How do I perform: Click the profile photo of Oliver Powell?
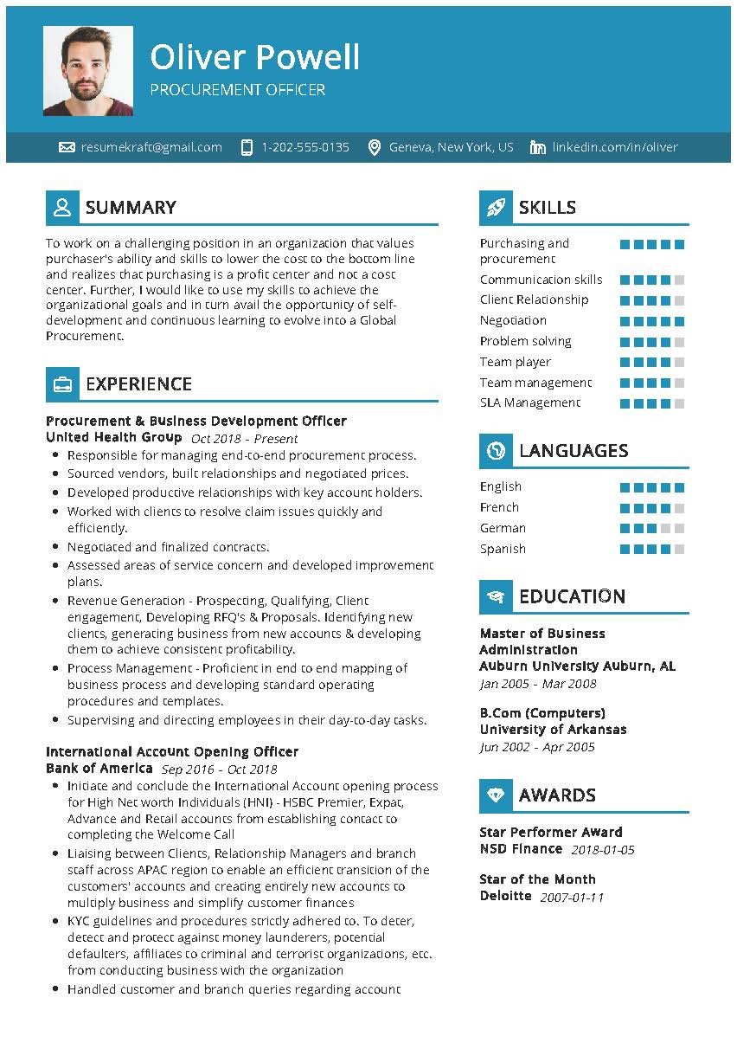(x=88, y=71)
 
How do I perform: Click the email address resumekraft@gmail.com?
(x=151, y=147)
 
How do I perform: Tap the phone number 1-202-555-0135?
(x=305, y=147)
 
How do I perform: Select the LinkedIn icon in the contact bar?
(x=538, y=147)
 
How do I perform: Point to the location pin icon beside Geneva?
(x=375, y=147)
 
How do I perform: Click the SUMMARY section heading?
(x=131, y=208)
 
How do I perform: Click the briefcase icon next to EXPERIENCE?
(x=62, y=384)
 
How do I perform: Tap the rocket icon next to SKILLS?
(x=496, y=208)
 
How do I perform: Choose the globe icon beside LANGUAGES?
(x=496, y=451)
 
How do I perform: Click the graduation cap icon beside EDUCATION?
(x=496, y=596)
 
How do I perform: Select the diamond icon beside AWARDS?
(x=496, y=795)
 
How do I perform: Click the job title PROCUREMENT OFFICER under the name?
(x=237, y=90)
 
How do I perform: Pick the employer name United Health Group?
(x=113, y=437)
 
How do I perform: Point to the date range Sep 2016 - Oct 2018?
(x=219, y=769)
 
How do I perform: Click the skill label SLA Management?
(x=530, y=402)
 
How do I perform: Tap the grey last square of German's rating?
(x=679, y=528)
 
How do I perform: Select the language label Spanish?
(x=503, y=549)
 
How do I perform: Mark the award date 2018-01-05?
(x=603, y=850)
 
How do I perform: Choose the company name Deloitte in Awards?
(x=506, y=896)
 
